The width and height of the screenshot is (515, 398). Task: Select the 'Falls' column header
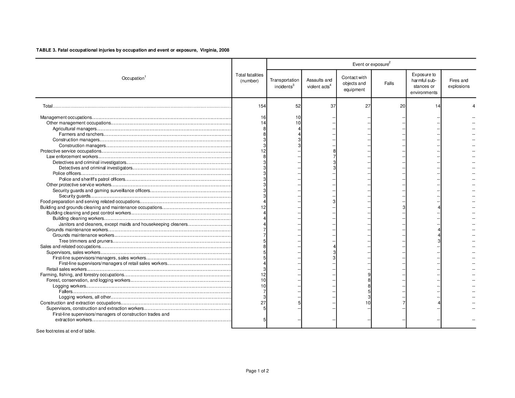(x=389, y=83)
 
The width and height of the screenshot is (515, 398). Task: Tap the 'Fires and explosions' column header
(x=459, y=83)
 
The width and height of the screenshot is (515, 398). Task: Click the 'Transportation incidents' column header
(x=284, y=83)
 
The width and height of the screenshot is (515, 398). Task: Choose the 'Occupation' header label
(x=134, y=78)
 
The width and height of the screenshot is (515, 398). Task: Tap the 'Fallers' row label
(x=66, y=292)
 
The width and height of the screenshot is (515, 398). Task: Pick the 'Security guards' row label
(x=75, y=196)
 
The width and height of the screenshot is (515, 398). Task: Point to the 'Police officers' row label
(x=67, y=173)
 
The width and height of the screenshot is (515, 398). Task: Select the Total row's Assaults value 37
(x=332, y=106)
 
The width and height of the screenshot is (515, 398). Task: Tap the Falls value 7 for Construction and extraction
(x=403, y=303)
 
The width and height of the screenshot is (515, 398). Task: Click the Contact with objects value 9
(x=369, y=275)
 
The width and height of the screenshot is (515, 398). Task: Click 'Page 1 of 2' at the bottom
(x=257, y=371)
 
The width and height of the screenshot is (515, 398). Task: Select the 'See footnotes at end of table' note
(x=66, y=331)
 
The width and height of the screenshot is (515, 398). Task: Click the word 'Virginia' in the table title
(x=209, y=50)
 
